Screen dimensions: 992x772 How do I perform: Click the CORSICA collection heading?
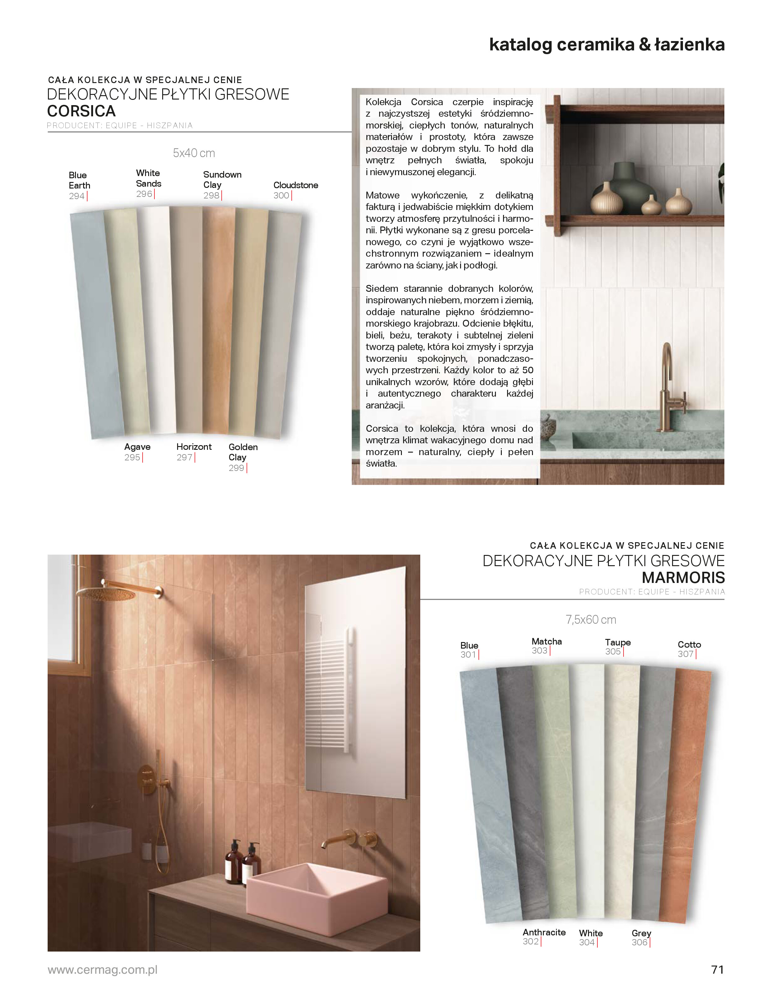pyautogui.click(x=81, y=111)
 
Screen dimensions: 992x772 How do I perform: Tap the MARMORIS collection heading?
pyautogui.click(x=683, y=578)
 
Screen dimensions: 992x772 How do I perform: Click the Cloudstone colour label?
pyautogui.click(x=295, y=185)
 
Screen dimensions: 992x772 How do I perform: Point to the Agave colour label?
pyautogui.click(x=137, y=447)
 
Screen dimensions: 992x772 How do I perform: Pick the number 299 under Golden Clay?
pyautogui.click(x=236, y=468)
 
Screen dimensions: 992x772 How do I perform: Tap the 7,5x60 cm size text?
pyautogui.click(x=591, y=620)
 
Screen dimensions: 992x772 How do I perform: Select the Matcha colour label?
pyautogui.click(x=547, y=642)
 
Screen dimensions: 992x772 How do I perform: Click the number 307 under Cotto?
pyautogui.click(x=685, y=654)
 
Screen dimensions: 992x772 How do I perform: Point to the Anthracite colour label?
pyautogui.click(x=544, y=933)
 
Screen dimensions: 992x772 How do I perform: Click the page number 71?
pyautogui.click(x=717, y=970)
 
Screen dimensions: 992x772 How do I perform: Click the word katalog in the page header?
pyautogui.click(x=520, y=45)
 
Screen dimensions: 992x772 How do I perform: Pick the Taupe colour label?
pyautogui.click(x=617, y=643)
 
